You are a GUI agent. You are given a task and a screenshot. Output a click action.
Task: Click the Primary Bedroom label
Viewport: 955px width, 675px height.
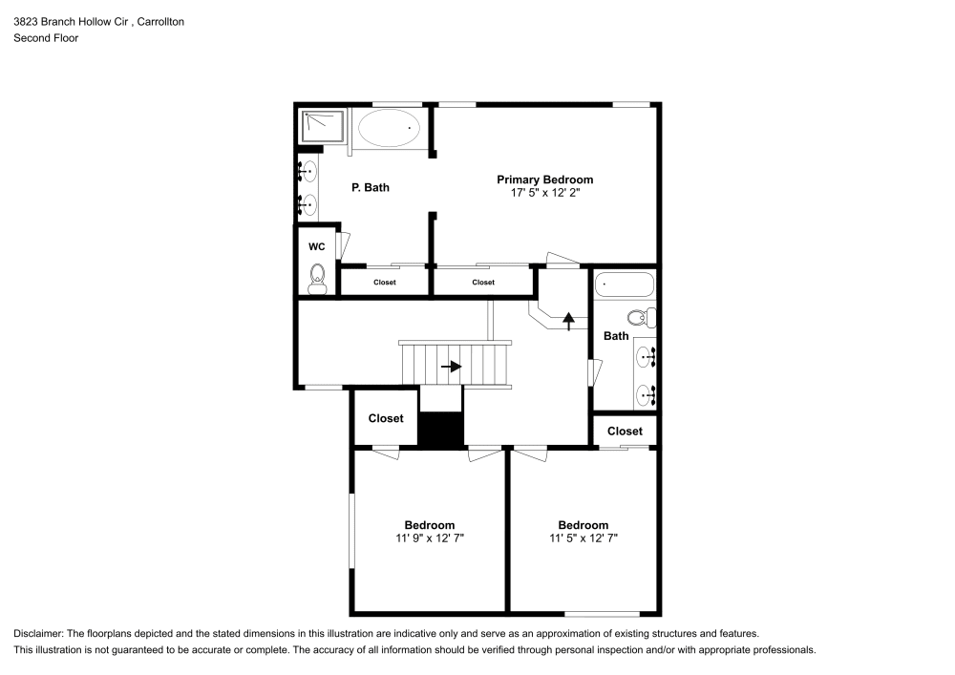click(544, 179)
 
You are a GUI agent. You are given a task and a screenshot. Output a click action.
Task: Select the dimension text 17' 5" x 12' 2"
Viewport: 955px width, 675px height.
click(544, 193)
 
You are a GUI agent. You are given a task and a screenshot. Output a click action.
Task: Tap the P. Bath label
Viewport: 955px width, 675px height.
click(371, 188)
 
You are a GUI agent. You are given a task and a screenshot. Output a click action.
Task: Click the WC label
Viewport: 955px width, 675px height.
click(317, 246)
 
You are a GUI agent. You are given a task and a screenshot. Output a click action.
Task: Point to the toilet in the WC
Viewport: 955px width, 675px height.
click(317, 279)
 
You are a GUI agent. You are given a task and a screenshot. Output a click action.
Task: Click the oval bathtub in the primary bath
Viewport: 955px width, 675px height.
click(388, 127)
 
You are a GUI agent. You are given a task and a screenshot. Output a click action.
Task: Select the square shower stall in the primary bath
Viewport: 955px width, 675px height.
click(323, 126)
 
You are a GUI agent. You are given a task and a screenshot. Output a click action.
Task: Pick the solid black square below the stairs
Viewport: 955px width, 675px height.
click(440, 429)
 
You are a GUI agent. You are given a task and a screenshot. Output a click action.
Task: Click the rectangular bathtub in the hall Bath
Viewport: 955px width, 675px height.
click(625, 285)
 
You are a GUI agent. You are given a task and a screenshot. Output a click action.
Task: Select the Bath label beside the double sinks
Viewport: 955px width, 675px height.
click(616, 336)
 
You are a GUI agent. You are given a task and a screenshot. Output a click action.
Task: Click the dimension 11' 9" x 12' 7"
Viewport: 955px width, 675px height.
click(429, 538)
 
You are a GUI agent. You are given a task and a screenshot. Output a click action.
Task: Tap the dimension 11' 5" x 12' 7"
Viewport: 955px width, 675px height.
click(583, 538)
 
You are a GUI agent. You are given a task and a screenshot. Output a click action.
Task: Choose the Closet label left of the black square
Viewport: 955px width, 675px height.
click(386, 418)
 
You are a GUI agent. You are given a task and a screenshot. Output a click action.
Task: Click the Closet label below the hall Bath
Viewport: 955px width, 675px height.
click(625, 432)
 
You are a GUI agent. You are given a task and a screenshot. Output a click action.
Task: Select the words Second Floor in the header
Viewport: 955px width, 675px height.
click(46, 38)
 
